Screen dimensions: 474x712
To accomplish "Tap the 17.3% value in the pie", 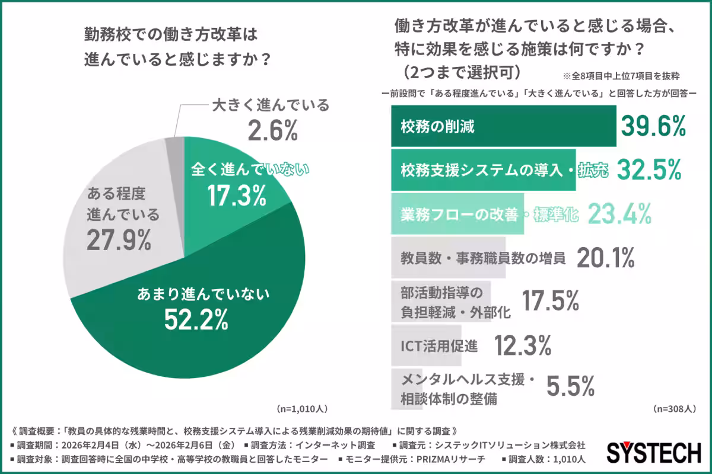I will point(236,197).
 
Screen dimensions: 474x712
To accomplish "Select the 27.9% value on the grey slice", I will point(119,240).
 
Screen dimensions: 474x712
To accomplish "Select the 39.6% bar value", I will point(653,126).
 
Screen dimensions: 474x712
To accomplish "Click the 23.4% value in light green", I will point(619,214).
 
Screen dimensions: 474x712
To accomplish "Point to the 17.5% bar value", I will point(550,302).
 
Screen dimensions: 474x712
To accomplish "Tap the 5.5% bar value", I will point(570,387).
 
